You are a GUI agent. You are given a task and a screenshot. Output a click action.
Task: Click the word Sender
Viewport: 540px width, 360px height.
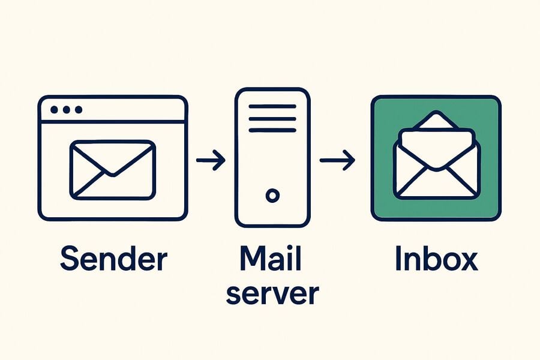click(x=114, y=258)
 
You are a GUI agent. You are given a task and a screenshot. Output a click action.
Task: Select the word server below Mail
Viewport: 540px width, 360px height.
click(x=272, y=294)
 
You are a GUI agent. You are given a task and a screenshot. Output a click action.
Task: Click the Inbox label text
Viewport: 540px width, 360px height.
click(x=437, y=258)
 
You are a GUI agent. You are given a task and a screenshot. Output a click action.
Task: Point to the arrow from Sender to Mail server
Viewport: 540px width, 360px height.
click(x=211, y=160)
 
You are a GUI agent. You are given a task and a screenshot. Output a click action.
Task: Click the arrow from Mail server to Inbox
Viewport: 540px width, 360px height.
click(x=337, y=160)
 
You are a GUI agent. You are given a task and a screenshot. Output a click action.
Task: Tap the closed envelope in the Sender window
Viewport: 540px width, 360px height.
click(x=113, y=170)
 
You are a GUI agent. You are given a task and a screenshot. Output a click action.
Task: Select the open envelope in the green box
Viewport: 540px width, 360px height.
click(x=437, y=155)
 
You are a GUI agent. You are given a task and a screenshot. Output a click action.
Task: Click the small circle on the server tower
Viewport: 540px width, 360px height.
click(x=272, y=196)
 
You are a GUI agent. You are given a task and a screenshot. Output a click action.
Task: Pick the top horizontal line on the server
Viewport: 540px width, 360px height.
click(x=272, y=106)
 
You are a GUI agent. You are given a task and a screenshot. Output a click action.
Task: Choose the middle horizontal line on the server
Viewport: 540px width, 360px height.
click(x=272, y=119)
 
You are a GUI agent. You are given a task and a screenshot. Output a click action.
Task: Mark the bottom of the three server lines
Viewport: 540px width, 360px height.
click(x=272, y=130)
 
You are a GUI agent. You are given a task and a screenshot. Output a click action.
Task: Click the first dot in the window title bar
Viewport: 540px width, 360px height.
click(x=54, y=110)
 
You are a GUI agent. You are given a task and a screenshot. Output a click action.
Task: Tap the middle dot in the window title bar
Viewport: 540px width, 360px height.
click(x=67, y=110)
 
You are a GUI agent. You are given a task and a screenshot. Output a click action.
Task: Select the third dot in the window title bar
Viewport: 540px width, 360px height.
click(x=79, y=110)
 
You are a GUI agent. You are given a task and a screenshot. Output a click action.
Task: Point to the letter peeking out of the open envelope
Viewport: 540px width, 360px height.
click(x=437, y=145)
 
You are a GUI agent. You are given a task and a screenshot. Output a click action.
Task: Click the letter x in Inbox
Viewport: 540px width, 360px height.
click(x=467, y=261)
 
